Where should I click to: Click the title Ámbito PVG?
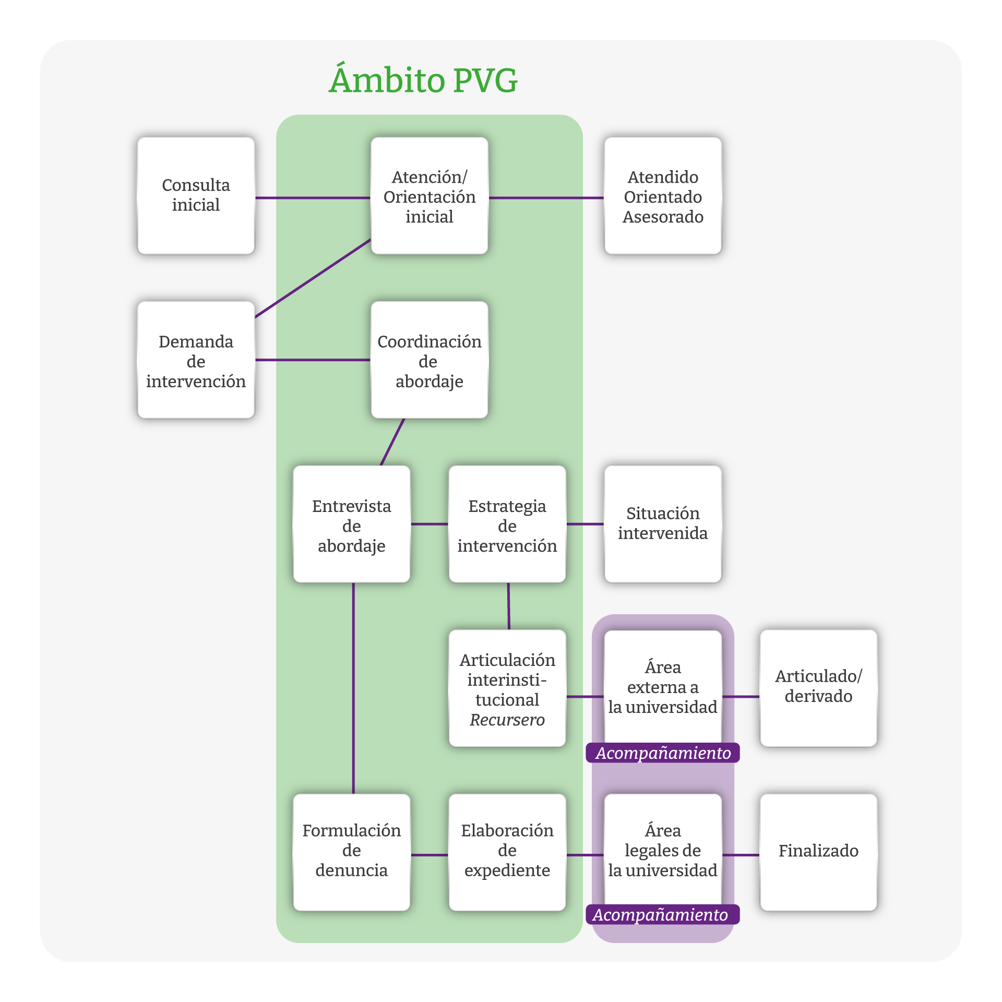423,80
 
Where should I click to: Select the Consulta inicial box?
196,195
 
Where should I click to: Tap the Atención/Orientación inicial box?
429,196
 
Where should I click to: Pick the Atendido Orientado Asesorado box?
663,196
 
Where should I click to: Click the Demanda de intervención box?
196,361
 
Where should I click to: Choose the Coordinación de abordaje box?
429,361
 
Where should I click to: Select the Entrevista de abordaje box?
351,525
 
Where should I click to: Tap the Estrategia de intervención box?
507,525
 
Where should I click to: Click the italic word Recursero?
507,720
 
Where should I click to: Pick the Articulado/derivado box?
818,687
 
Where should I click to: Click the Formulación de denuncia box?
351,851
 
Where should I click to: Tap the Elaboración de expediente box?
507,851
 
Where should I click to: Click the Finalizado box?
818,851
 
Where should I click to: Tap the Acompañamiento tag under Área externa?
663,753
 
